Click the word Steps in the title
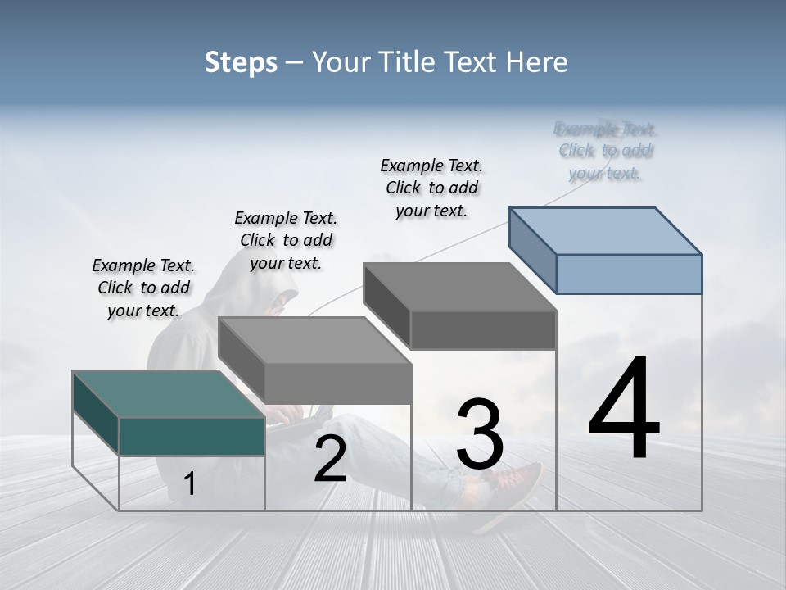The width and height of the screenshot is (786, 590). click(241, 62)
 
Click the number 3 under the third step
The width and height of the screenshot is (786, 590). click(480, 433)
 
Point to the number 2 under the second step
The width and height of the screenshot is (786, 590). click(330, 460)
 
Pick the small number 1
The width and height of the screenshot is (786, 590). click(190, 484)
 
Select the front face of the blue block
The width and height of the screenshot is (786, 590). click(629, 274)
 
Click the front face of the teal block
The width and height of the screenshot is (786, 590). click(192, 436)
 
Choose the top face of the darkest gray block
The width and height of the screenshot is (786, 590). click(458, 286)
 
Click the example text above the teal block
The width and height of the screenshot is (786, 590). click(143, 288)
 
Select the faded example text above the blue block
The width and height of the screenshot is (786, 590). click(605, 151)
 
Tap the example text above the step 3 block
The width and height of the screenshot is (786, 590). click(431, 188)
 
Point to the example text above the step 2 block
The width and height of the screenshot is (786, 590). click(286, 240)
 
